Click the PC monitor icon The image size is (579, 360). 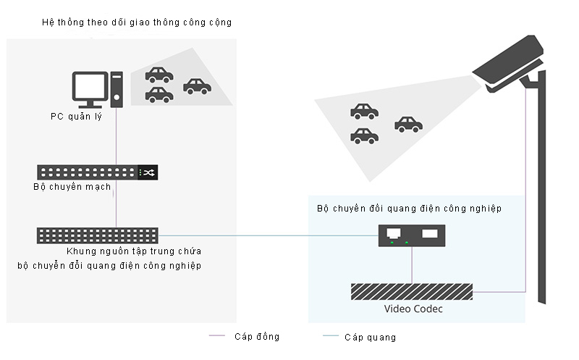[91, 88]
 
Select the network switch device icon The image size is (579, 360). [98, 172]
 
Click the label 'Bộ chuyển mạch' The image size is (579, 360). [72, 187]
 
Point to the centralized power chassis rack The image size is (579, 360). [98, 235]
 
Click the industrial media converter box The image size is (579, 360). [410, 235]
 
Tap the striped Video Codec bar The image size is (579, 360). [411, 291]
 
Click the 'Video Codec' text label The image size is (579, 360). [413, 309]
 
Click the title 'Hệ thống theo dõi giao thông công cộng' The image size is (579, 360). [138, 22]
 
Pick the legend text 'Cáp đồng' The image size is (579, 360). [257, 337]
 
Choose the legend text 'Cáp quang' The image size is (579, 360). [371, 338]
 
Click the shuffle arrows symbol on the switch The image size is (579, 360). [148, 172]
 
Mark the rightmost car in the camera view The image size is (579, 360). [408, 125]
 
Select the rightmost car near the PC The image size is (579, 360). [197, 87]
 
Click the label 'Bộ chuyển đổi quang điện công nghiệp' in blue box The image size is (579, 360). [410, 209]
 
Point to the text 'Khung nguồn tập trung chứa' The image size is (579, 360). [133, 251]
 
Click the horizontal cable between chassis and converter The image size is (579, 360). [268, 236]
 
